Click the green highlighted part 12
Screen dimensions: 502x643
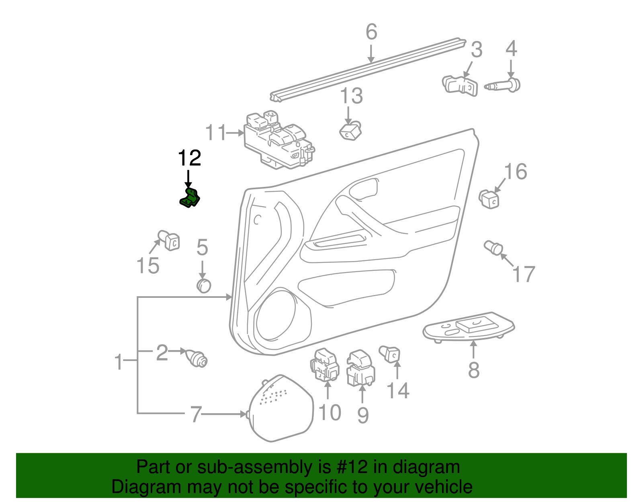190,198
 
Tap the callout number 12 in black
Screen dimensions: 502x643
189,158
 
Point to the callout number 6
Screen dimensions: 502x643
371,32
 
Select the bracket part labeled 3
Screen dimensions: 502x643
461,86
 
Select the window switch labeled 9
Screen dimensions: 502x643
360,368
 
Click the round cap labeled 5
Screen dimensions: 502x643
204,285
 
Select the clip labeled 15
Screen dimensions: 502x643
169,240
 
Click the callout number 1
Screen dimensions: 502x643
119,362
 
